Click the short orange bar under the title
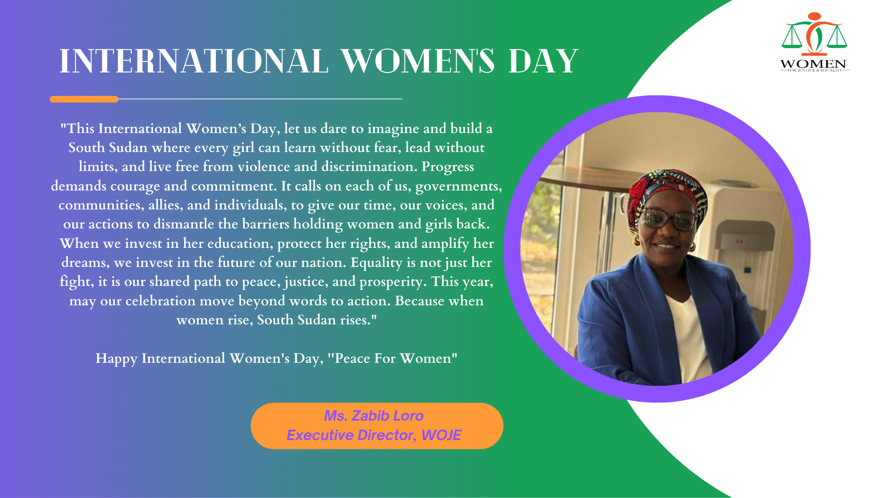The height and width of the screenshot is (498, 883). coord(84,99)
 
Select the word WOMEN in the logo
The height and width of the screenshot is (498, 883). coord(813,64)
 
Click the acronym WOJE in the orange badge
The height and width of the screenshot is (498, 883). coord(441,435)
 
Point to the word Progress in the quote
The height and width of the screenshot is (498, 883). coord(448,167)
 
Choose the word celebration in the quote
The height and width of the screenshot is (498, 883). coord(160,301)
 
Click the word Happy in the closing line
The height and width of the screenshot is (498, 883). coord(117,358)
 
